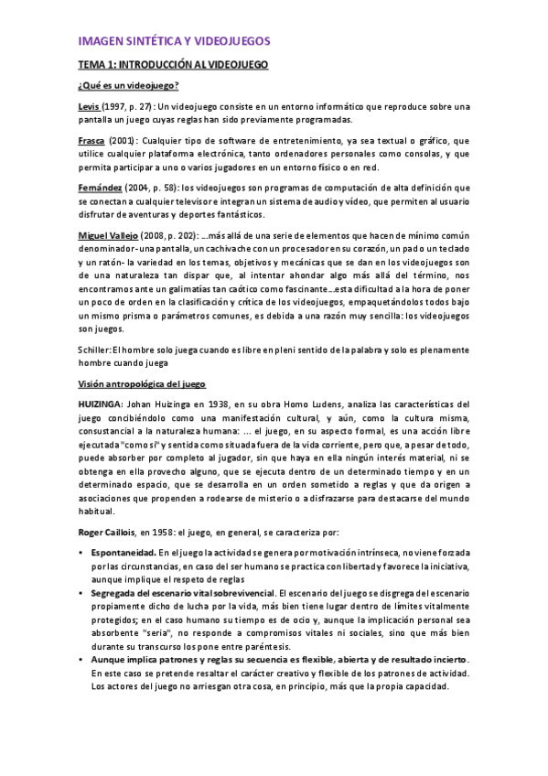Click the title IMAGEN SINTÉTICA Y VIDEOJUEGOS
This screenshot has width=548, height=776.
point(174,42)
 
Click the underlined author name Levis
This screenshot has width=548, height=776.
point(90,107)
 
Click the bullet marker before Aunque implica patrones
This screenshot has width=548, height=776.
point(81,660)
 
